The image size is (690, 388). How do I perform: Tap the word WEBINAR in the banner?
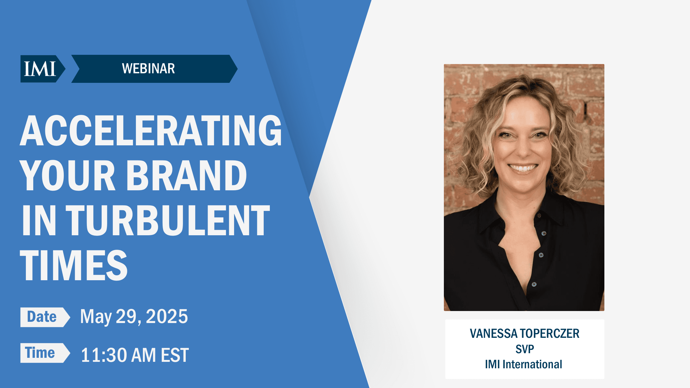148,69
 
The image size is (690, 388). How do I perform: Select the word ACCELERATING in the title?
151,131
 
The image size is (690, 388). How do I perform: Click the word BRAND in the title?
187,176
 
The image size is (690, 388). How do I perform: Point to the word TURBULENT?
168,220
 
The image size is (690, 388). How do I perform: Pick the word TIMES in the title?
74,265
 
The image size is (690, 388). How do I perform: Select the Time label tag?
41,353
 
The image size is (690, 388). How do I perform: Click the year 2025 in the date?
167,317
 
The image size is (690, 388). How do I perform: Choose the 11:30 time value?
104,355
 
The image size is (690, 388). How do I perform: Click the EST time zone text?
175,355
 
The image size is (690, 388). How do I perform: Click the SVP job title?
525,349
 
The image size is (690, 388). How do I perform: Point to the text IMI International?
523,364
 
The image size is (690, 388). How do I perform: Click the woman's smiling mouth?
522,168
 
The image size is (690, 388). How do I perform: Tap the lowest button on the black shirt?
534,284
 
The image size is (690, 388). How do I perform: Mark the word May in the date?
96,317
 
